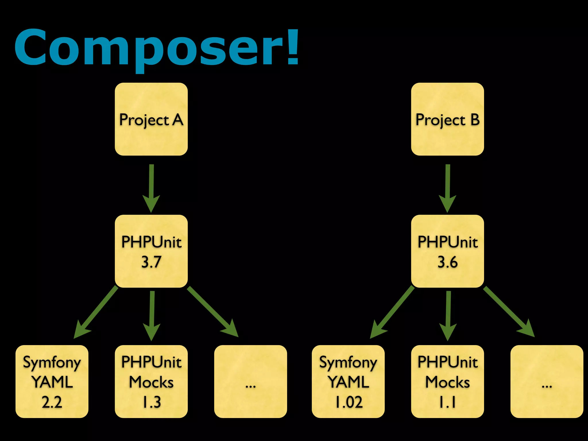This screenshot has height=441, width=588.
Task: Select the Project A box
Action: tap(151, 119)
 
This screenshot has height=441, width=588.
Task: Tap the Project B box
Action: tap(447, 119)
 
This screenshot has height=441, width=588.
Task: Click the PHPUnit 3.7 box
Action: tap(151, 251)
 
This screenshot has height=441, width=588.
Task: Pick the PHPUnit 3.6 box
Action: tap(447, 251)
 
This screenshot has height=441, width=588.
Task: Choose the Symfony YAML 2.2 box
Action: tap(52, 381)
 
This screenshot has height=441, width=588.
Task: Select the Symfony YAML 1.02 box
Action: tap(348, 381)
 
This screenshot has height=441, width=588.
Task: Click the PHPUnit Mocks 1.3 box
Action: tap(151, 381)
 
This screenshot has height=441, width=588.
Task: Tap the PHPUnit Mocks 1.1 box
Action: tap(447, 381)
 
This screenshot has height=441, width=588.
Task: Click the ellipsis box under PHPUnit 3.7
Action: tap(250, 381)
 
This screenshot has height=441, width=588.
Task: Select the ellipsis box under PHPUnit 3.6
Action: tap(547, 381)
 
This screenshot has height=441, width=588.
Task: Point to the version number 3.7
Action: tap(151, 262)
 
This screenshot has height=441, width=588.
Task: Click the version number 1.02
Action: tap(349, 402)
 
